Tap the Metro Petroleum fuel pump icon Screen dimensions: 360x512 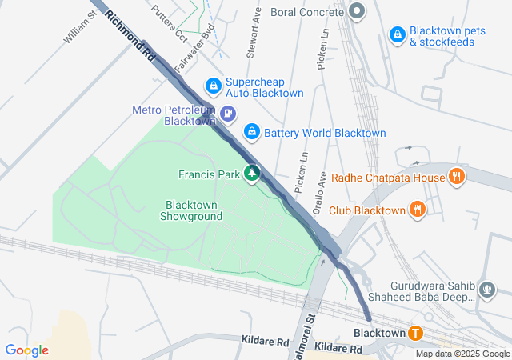tap(230, 114)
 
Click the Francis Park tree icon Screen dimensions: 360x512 tap(253, 174)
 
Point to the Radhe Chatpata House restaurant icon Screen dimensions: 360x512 tap(456, 176)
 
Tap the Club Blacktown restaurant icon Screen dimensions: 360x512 tap(417, 210)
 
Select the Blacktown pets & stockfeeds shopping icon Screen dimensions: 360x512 tap(397, 34)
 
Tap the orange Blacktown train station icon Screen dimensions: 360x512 tap(414, 333)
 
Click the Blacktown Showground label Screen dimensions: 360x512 tap(192, 210)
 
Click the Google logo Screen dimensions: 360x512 tap(26, 350)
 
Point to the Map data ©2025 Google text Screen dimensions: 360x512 tap(462, 354)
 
